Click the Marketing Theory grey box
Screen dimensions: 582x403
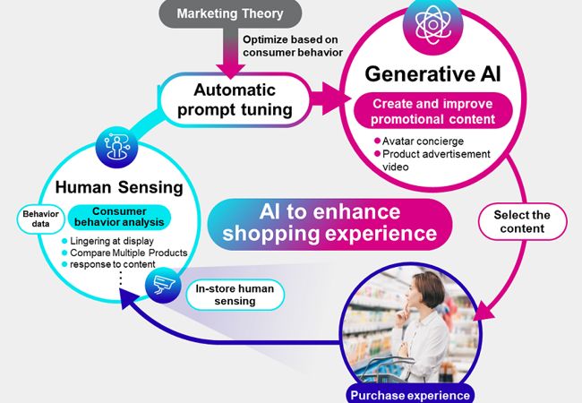tap(230, 13)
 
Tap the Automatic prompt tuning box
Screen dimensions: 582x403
tap(235, 100)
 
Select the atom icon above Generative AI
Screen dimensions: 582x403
tap(432, 25)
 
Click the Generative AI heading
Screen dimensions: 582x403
tap(432, 73)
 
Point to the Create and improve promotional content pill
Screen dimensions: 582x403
tap(432, 111)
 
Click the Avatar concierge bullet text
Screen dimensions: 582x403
tap(423, 141)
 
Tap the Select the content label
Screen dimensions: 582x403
tap(522, 221)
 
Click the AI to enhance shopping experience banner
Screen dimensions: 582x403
tap(330, 223)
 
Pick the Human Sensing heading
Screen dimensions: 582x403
tap(119, 187)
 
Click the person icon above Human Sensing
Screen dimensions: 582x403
tap(116, 147)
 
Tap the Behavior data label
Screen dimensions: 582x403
tap(40, 219)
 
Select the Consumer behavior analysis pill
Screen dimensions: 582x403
tap(119, 217)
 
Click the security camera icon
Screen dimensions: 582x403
tap(163, 285)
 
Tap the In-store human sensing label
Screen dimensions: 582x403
tap(235, 295)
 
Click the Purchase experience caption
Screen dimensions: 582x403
tap(410, 395)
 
